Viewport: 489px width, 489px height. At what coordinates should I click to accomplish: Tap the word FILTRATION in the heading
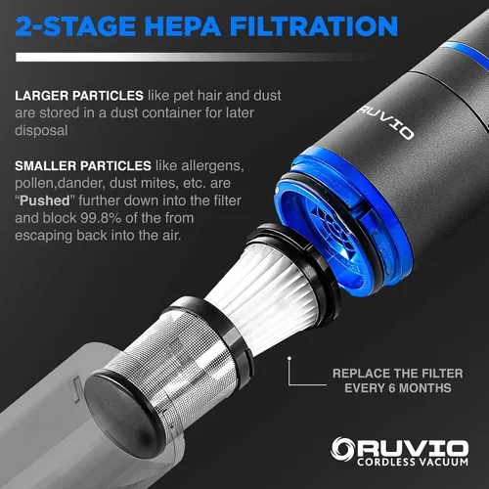click(314, 26)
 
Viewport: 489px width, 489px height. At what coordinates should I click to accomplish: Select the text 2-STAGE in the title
click(75, 26)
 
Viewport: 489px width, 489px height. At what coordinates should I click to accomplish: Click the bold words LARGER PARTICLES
click(79, 96)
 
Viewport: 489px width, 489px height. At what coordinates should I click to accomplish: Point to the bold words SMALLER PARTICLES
click(83, 166)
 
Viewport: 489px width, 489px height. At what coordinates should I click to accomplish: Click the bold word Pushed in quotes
click(45, 200)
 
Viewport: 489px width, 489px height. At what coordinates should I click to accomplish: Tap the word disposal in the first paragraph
click(41, 131)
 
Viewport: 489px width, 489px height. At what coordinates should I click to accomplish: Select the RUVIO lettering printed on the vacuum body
click(386, 122)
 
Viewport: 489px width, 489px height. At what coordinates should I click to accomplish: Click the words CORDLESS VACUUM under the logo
click(413, 462)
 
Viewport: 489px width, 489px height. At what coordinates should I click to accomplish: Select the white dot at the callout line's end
click(289, 358)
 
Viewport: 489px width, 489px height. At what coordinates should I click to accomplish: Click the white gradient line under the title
click(193, 57)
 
